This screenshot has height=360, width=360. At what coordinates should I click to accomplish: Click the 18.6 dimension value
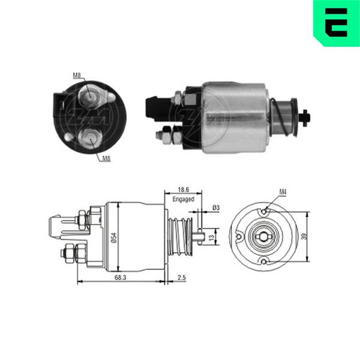(x=183, y=190)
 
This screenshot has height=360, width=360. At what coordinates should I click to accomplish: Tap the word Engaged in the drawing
(x=183, y=199)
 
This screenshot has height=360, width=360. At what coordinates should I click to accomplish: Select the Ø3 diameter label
(x=216, y=208)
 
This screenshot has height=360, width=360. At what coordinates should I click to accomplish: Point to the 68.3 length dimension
(x=121, y=278)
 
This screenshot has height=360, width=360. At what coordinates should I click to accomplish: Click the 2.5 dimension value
(x=182, y=278)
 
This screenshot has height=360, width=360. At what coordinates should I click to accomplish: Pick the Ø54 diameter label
(x=114, y=238)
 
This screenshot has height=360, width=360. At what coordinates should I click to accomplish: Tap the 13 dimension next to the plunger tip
(x=212, y=237)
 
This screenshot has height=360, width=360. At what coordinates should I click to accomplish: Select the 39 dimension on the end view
(x=304, y=236)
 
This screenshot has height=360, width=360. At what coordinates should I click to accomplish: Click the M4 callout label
(x=283, y=192)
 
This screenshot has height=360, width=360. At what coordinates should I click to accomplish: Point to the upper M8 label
(x=77, y=75)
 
